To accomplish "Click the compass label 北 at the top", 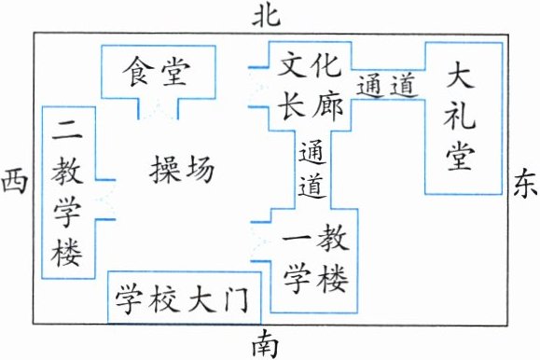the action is click(x=266, y=17).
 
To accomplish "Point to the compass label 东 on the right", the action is click(x=525, y=184).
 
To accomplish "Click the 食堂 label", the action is click(x=157, y=72).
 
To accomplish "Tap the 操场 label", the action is click(x=182, y=169).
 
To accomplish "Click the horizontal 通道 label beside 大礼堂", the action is click(x=387, y=86).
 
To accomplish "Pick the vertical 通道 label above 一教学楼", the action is click(x=312, y=170).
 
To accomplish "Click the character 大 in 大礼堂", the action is click(x=460, y=76).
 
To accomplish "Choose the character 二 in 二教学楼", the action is click(x=67, y=130).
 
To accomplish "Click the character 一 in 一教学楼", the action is click(x=298, y=240).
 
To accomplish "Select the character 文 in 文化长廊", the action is click(x=292, y=66).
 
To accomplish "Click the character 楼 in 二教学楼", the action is click(x=66, y=252).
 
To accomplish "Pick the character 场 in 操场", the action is click(x=200, y=169).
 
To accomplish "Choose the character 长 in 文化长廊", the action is click(x=292, y=106).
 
